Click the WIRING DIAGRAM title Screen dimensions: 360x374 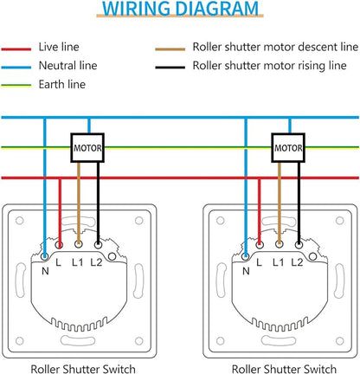(x=180, y=9)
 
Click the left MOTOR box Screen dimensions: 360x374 (x=87, y=148)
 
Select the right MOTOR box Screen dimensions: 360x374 (x=288, y=148)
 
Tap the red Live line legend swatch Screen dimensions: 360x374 (x=16, y=49)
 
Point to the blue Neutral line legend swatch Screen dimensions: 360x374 (x=16, y=68)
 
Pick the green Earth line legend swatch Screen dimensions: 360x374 (x=16, y=86)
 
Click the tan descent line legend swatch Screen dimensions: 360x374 (x=170, y=49)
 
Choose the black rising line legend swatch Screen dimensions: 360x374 (x=170, y=68)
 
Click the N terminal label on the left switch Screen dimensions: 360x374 (x=45, y=271)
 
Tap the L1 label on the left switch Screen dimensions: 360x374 (x=77, y=262)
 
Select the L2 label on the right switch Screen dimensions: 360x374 (x=297, y=262)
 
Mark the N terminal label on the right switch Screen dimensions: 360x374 (x=246, y=271)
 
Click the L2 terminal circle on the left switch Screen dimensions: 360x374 (x=98, y=245)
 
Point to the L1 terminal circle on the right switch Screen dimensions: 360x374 (x=279, y=245)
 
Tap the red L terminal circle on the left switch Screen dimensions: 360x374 (x=59, y=245)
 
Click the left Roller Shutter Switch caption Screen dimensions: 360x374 (x=83, y=369)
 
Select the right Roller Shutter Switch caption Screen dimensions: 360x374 (x=284, y=369)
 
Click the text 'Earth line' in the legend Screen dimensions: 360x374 (x=62, y=84)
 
